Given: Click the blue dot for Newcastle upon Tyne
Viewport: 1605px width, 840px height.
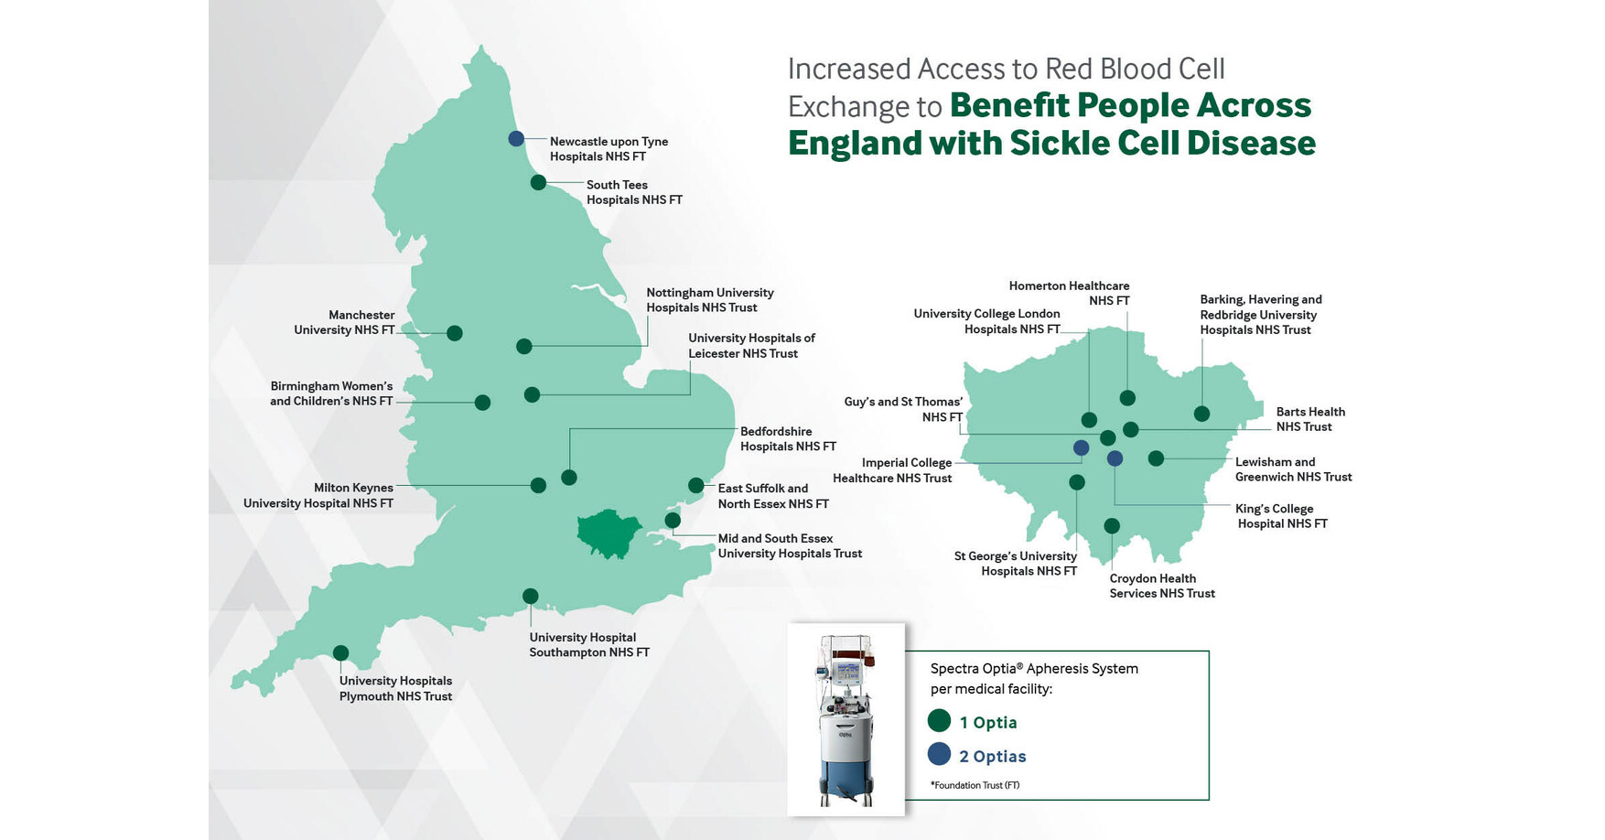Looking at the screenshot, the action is click(516, 139).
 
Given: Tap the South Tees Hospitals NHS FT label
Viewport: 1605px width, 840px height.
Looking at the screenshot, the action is click(634, 192).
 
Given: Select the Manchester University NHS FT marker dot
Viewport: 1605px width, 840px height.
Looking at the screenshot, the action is click(454, 333).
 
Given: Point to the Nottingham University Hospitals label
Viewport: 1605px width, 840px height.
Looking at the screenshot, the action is click(710, 300).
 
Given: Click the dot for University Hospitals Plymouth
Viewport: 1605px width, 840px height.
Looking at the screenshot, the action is click(340, 653).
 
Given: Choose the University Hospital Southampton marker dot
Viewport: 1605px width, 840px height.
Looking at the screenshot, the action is click(530, 597).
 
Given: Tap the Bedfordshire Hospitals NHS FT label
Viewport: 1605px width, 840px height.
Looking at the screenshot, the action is click(788, 439).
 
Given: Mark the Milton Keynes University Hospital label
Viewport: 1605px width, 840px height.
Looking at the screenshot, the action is click(318, 496).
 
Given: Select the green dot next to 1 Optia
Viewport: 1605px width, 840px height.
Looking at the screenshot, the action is click(939, 721).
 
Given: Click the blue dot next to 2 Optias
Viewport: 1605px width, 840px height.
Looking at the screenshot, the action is click(939, 754).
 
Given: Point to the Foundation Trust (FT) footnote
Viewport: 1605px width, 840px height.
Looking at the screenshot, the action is click(975, 785).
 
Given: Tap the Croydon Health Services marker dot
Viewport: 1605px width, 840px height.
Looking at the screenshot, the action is click(1112, 526).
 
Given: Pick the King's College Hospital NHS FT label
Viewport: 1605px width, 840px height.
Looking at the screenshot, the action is click(1281, 516).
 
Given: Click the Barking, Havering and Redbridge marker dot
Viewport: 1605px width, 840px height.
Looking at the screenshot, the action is click(1201, 415).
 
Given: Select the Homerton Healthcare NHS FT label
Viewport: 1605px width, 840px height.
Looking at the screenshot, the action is click(1069, 294).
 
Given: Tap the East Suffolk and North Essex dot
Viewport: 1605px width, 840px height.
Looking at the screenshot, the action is click(696, 486).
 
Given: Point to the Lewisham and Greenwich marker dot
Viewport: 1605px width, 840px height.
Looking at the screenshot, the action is click(1156, 458).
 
